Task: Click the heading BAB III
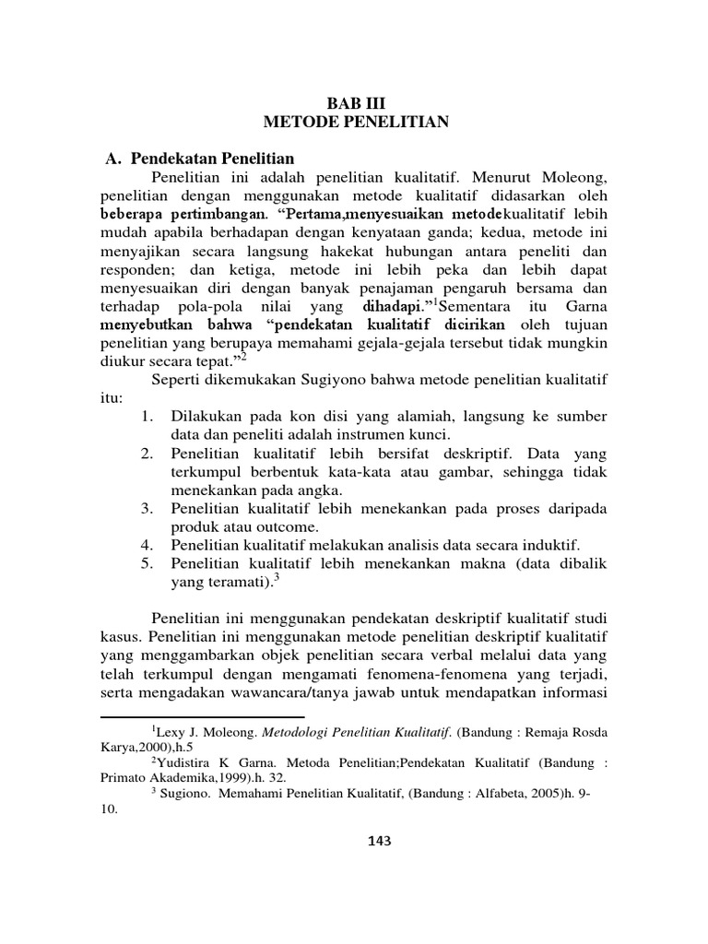point(355,101)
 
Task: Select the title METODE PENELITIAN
point(355,121)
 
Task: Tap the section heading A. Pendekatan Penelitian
point(201,158)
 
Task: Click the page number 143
point(355,840)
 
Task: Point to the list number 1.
point(147,418)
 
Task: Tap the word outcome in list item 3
point(289,527)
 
